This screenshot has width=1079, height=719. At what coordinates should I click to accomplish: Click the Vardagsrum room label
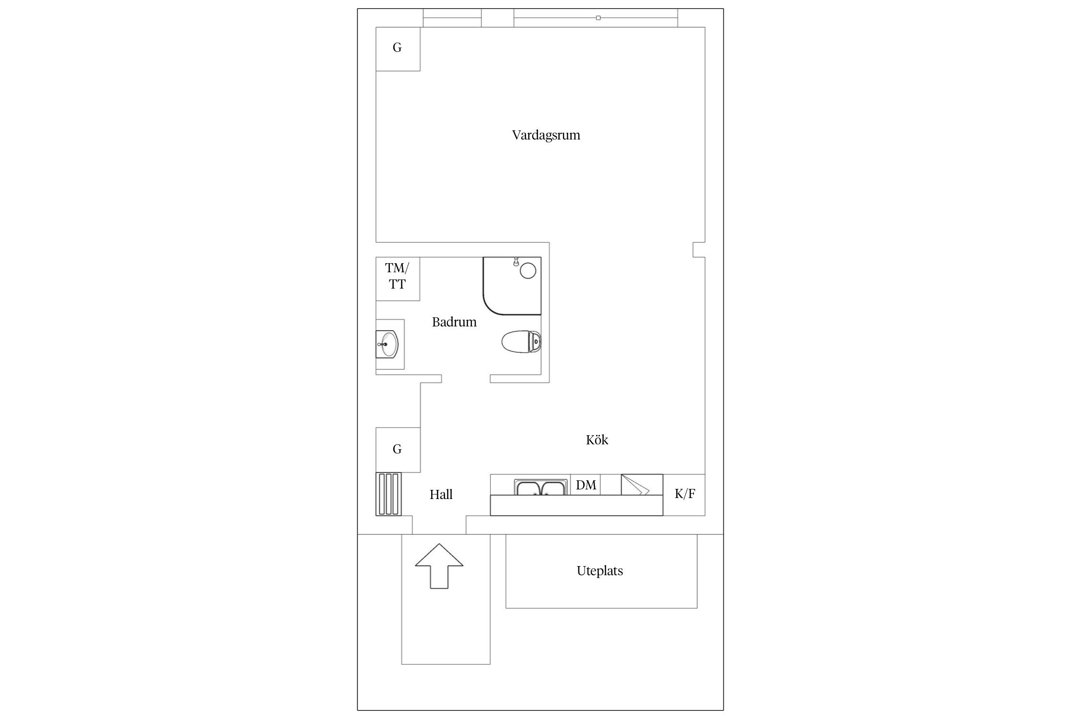click(x=546, y=135)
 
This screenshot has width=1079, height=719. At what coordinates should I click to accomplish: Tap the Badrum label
click(x=454, y=322)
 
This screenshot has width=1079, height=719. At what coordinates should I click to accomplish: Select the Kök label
click(x=597, y=440)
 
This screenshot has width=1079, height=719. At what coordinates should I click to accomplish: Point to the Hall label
click(x=441, y=495)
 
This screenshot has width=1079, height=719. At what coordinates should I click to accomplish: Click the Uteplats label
click(x=599, y=571)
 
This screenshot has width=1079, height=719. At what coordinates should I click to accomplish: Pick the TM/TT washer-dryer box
click(x=398, y=279)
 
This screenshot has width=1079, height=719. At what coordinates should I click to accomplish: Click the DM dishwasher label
click(x=586, y=485)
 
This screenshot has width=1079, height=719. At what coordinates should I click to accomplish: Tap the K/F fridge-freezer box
click(x=684, y=495)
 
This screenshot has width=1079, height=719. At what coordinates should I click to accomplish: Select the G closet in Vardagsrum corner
click(x=398, y=49)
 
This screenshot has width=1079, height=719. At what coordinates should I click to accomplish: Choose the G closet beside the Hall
click(x=398, y=450)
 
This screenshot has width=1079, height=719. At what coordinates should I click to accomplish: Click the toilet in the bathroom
click(x=522, y=342)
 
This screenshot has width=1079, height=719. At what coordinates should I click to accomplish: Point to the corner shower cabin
click(x=512, y=286)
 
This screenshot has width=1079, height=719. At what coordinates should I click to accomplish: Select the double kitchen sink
click(x=541, y=487)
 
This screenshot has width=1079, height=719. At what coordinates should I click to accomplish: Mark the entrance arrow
click(x=439, y=566)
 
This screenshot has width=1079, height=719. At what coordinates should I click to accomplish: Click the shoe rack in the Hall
click(x=388, y=494)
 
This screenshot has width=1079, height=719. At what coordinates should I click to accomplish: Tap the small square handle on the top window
click(x=598, y=18)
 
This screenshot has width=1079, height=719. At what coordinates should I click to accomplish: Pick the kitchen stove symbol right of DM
click(x=642, y=485)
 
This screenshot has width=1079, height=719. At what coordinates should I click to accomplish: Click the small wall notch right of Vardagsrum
click(x=699, y=250)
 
